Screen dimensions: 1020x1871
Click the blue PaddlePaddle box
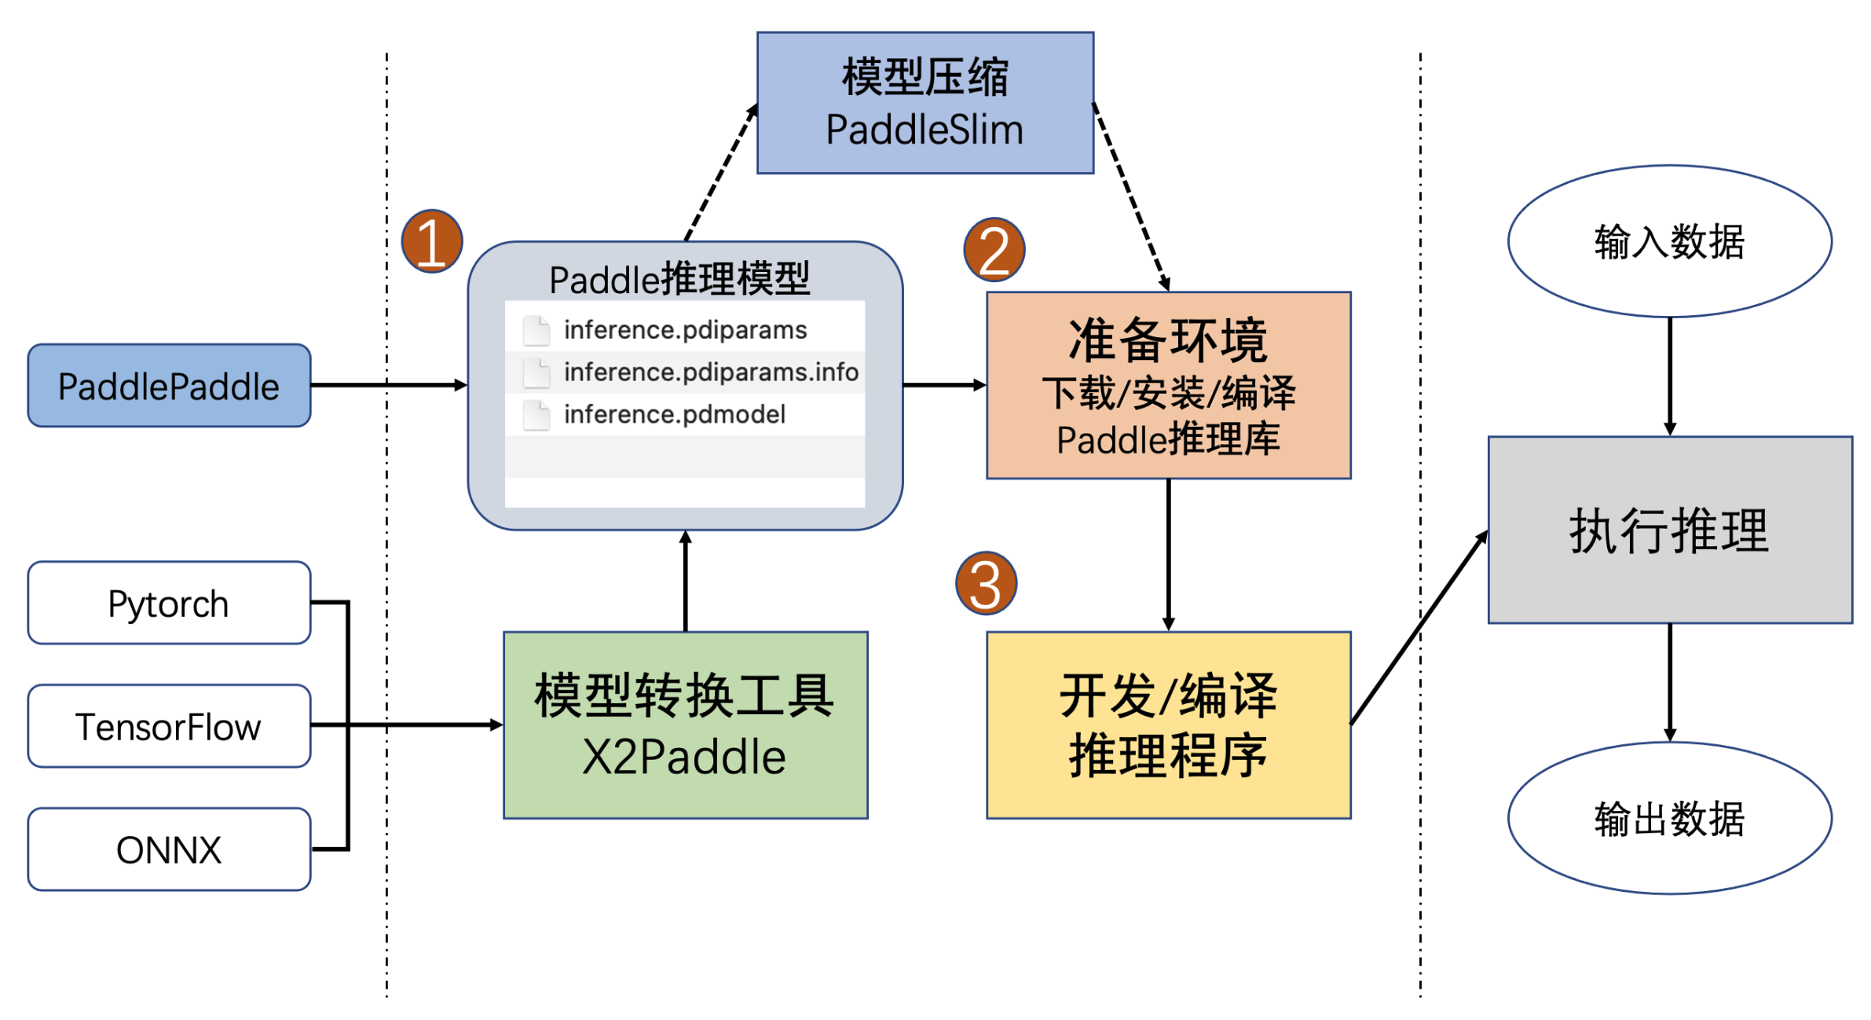pos(169,385)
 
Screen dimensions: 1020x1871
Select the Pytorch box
pos(169,603)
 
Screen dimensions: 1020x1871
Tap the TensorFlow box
pos(169,726)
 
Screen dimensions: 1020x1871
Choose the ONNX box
pos(169,849)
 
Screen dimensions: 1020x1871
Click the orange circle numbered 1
pos(431,241)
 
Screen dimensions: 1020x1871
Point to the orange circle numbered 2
pos(994,250)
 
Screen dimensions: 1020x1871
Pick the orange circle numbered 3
pos(986,583)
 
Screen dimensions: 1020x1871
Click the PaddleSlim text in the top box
pos(925,130)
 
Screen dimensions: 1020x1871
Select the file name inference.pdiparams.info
pos(710,372)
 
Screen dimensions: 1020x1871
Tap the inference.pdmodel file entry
pos(674,414)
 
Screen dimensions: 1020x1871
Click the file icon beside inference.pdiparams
pos(536,330)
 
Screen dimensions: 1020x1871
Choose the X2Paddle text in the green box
pos(684,757)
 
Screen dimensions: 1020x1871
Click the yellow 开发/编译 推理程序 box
pos(1168,725)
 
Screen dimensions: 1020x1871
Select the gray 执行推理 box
pos(1669,530)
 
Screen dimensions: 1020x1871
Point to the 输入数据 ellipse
pos(1669,240)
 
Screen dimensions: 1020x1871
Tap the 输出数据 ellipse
pos(1669,818)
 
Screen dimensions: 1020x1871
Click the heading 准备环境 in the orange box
pos(1168,340)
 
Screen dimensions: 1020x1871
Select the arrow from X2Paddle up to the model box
pos(686,582)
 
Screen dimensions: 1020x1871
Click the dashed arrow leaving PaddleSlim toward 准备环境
pos(1131,196)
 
